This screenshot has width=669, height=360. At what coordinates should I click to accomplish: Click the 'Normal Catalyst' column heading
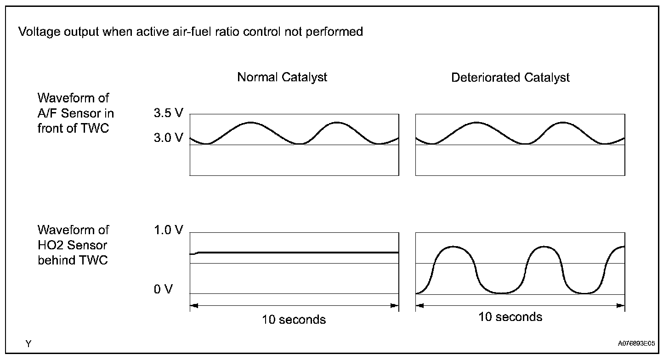click(282, 77)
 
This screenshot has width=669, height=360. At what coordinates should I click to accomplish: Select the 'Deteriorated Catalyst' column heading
click(510, 78)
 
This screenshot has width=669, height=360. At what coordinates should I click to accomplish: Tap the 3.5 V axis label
click(169, 113)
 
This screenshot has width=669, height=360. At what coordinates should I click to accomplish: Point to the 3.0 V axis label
click(169, 137)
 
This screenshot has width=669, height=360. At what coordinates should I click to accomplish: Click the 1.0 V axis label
click(169, 230)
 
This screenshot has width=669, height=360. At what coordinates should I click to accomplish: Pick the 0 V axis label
click(163, 290)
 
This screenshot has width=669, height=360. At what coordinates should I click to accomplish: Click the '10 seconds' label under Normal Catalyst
click(294, 319)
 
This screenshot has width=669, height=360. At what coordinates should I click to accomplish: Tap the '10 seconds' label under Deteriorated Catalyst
click(510, 317)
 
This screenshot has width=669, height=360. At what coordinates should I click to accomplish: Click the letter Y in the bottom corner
click(28, 343)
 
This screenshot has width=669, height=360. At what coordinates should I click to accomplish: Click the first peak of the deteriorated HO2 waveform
click(453, 247)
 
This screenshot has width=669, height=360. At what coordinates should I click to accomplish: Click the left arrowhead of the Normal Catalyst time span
click(193, 306)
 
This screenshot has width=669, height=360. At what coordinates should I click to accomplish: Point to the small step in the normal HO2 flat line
click(196, 253)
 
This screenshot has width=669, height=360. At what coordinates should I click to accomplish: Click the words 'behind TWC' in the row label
click(73, 260)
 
